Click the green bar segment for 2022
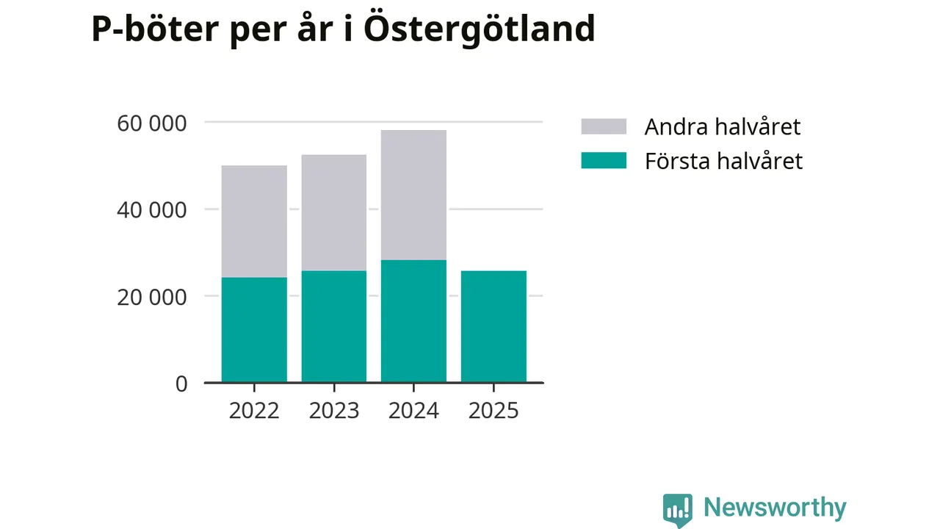coord(254,330)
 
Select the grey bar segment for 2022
coord(254,221)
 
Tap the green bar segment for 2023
coord(334,326)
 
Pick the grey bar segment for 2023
coord(334,212)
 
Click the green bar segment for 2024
coord(413,321)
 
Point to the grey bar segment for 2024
coord(413,195)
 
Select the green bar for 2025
coord(493,326)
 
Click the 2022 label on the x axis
coord(254,410)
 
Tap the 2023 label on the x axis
coord(334,410)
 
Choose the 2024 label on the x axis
coord(413,410)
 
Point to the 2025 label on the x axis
coord(493,410)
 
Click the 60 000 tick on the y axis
coord(152,123)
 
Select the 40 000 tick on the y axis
coord(152,209)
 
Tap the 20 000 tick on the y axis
coord(152,297)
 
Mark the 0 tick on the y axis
coord(181,384)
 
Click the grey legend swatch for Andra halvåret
coord(604,126)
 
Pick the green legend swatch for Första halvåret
coord(604,161)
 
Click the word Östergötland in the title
coord(479,29)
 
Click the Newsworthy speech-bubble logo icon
coord(677,509)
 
